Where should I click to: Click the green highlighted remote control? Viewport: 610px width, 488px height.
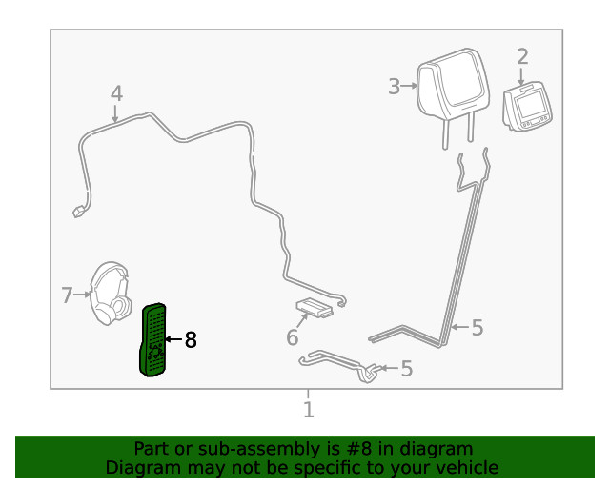[x=153, y=339]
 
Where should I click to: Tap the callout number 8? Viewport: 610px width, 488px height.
[x=191, y=340]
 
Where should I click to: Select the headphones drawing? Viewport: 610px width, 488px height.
[x=111, y=293]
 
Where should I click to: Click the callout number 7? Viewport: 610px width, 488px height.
[x=67, y=295]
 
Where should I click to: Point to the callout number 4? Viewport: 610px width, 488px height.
[x=116, y=93]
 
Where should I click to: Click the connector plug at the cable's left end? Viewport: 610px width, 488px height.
[x=78, y=212]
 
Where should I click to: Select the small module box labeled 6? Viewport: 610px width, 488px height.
[x=315, y=307]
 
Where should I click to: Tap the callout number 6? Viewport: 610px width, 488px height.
[x=293, y=337]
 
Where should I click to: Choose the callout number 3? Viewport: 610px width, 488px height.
[x=394, y=87]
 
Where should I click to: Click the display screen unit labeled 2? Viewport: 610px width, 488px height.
[x=527, y=106]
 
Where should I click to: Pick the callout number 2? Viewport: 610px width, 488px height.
[x=522, y=56]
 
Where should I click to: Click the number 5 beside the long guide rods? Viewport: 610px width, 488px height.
[x=478, y=328]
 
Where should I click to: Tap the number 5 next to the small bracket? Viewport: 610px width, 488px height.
[x=407, y=369]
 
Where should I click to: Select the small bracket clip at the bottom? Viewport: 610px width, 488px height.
[x=338, y=365]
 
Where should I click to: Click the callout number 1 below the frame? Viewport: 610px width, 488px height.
[x=309, y=410]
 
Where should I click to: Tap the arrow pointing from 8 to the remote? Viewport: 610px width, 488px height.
[x=173, y=339]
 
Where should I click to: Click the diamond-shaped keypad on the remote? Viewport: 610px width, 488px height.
[x=155, y=353]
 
